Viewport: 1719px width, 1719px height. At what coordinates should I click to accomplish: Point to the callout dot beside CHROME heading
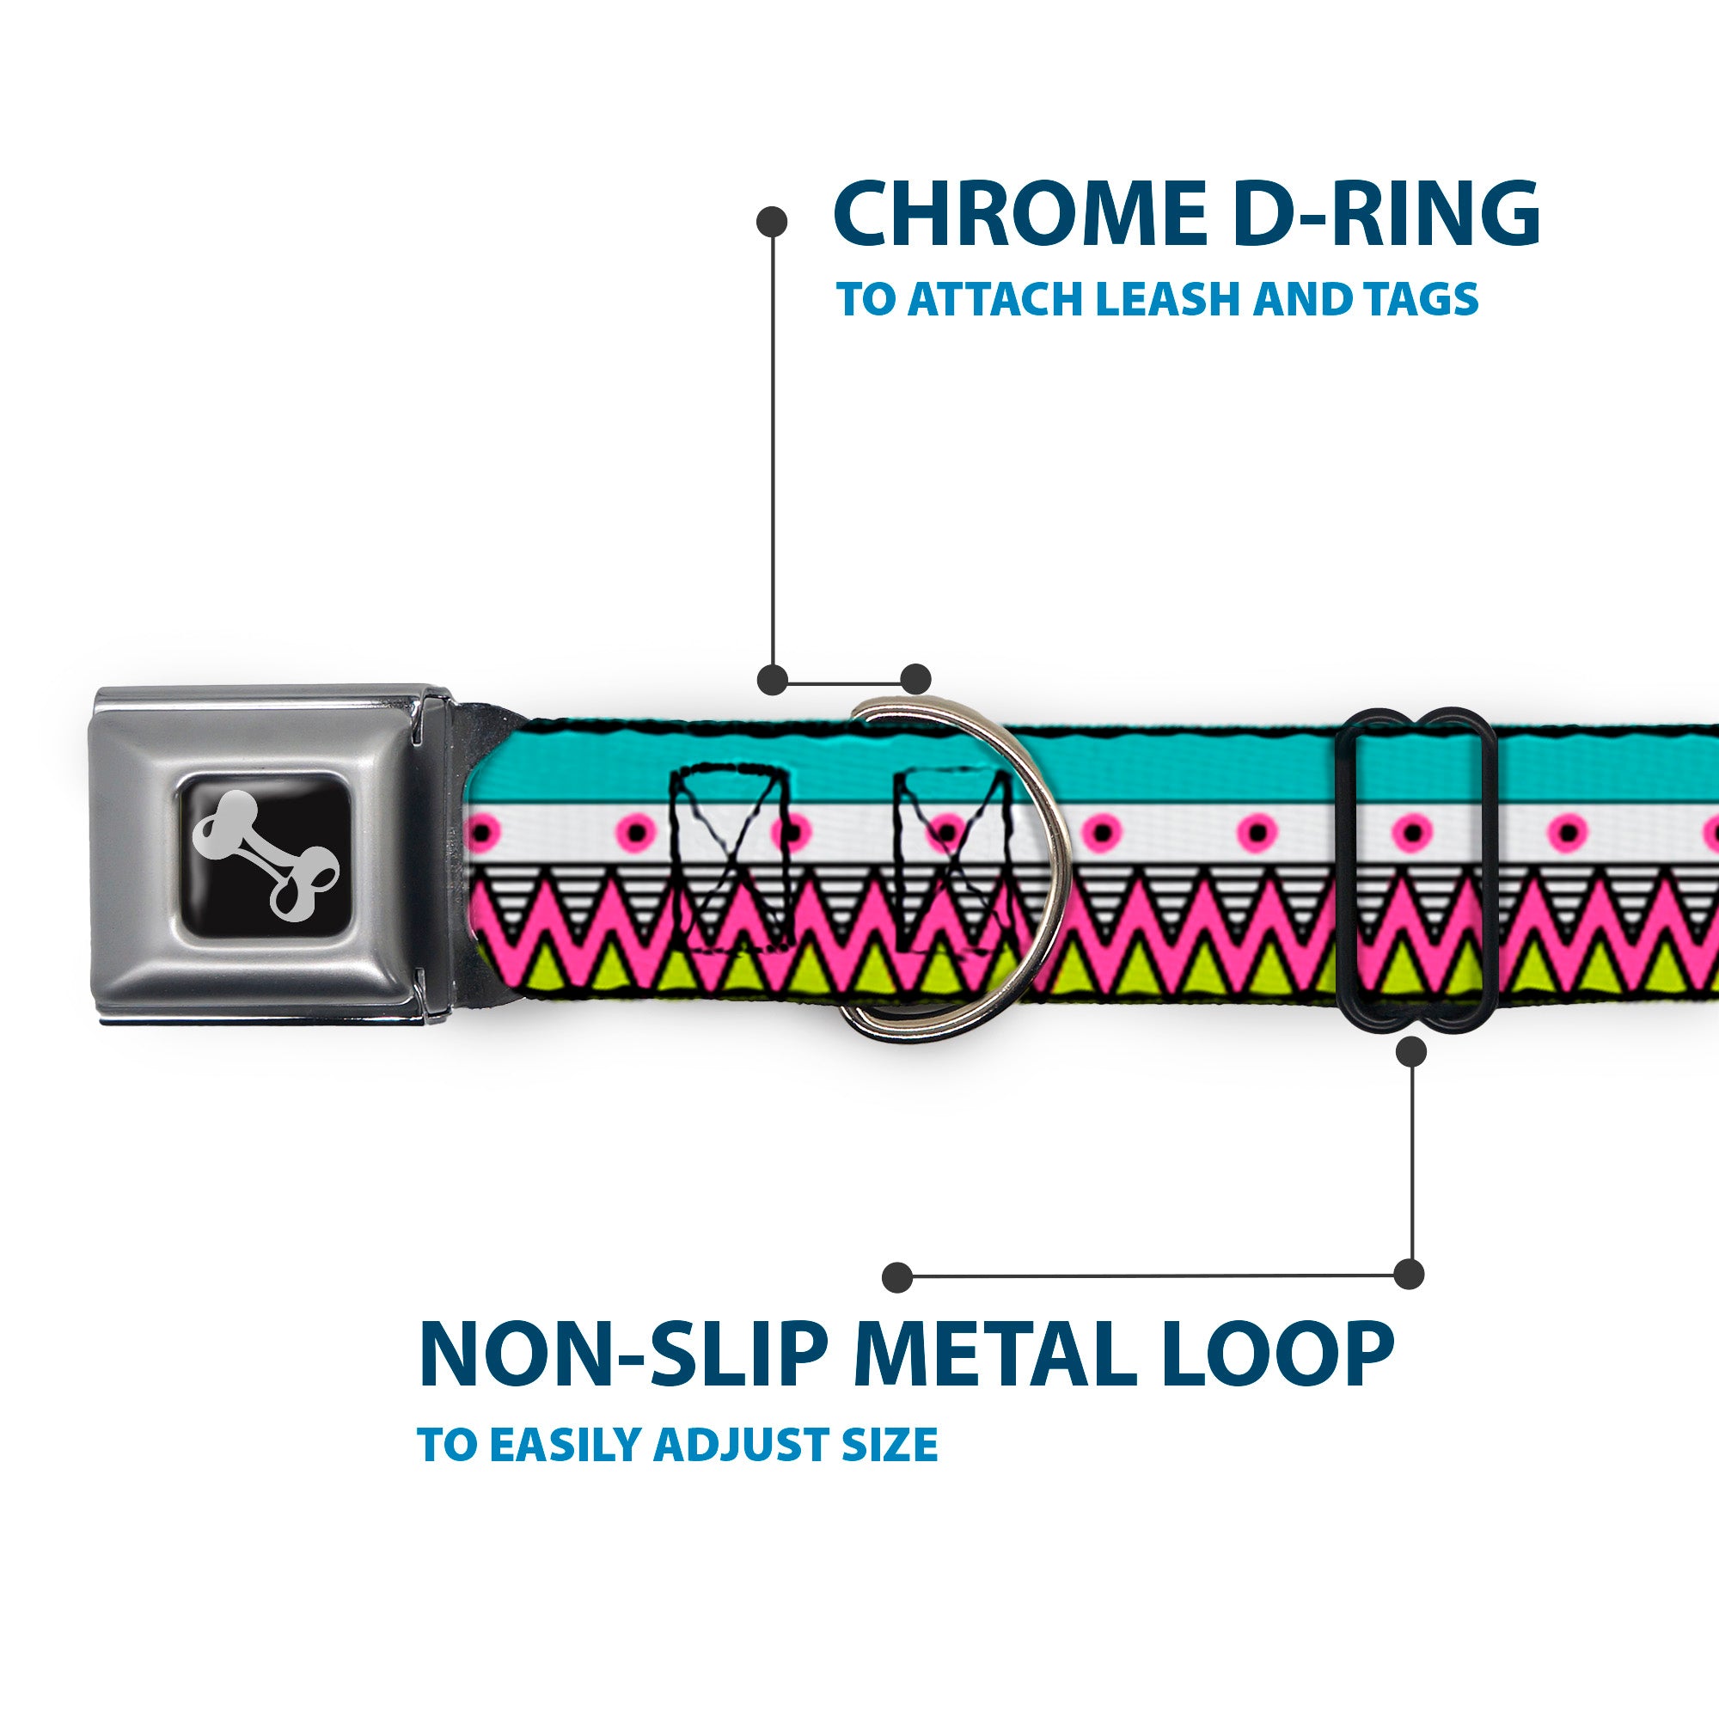pyautogui.click(x=772, y=222)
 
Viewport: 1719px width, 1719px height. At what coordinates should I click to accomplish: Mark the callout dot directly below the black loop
pyautogui.click(x=1411, y=1053)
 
